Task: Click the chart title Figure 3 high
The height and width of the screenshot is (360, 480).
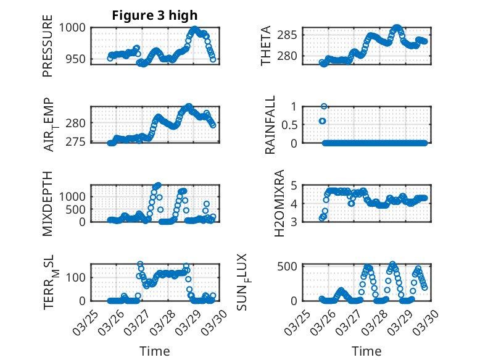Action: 155,15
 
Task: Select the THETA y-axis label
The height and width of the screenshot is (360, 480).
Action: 265,46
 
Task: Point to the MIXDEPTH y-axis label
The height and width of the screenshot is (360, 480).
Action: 48,203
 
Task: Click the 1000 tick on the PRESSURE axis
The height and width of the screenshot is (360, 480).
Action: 74,27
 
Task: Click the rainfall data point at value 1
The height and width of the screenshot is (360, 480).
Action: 324,106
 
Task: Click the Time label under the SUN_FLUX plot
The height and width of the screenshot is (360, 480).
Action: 366,351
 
